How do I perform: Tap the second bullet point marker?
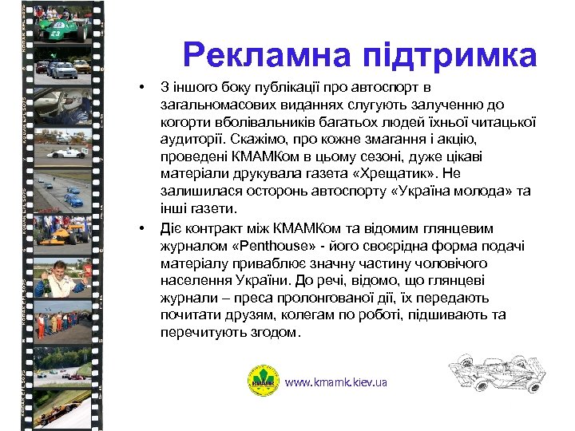click(140, 228)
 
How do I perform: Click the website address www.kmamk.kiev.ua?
click(336, 382)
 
